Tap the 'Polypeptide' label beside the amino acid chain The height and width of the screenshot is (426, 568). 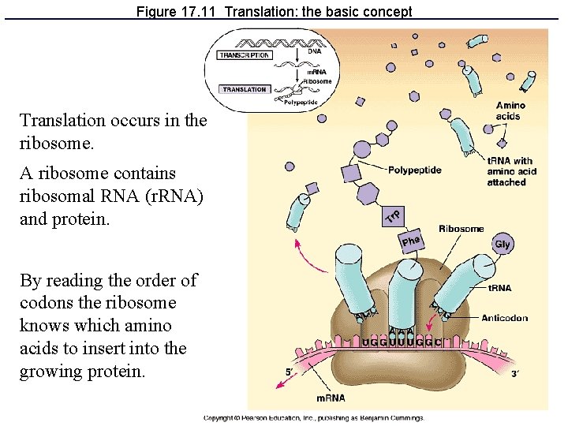pyautogui.click(x=414, y=170)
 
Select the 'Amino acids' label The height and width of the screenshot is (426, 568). pyautogui.click(x=510, y=111)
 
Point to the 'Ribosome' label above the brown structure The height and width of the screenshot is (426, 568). pyautogui.click(x=461, y=229)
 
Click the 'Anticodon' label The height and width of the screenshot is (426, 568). pyautogui.click(x=508, y=317)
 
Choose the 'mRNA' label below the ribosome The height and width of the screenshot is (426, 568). pyautogui.click(x=332, y=398)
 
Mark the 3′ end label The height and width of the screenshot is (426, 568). pyautogui.click(x=514, y=374)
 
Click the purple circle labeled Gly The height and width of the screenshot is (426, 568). pyautogui.click(x=503, y=244)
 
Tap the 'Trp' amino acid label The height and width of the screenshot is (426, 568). pyautogui.click(x=394, y=215)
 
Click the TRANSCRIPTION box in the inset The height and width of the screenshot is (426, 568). pyautogui.click(x=245, y=55)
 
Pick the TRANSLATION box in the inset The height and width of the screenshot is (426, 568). pyautogui.click(x=245, y=89)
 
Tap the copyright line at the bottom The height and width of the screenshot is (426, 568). pyautogui.click(x=314, y=418)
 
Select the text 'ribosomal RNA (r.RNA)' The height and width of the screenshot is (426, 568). pyautogui.click(x=111, y=196)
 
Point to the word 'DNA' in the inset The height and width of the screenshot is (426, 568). pyautogui.click(x=314, y=50)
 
